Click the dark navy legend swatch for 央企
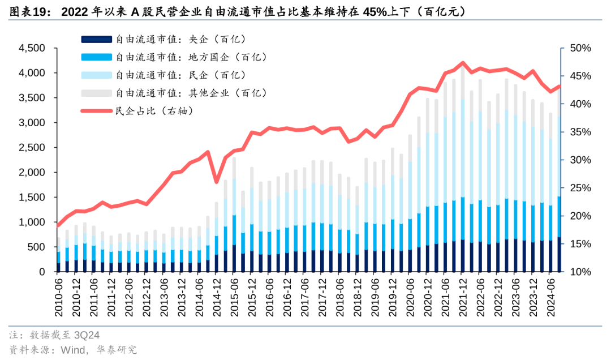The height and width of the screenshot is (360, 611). tap(96, 39)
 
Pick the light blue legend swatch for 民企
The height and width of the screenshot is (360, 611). tap(96, 75)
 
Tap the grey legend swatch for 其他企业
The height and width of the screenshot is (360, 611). tap(96, 93)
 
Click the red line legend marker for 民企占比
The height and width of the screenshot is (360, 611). tap(96, 111)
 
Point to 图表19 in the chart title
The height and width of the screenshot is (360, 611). tap(28, 11)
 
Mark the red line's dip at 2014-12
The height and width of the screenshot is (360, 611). tap(216, 182)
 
